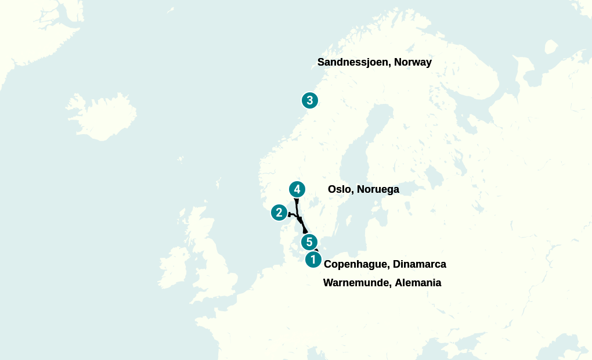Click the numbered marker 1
tap(313, 260)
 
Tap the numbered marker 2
tap(279, 213)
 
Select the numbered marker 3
tap(310, 100)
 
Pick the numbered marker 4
tap(297, 189)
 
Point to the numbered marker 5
tap(309, 242)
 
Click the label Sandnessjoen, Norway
tap(374, 62)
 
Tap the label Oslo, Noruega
tap(363, 189)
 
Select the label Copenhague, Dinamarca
tap(385, 264)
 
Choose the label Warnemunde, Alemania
tap(382, 283)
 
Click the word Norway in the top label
tap(413, 62)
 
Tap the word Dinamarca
tap(420, 264)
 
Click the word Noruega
tap(378, 189)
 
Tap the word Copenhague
tap(356, 264)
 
